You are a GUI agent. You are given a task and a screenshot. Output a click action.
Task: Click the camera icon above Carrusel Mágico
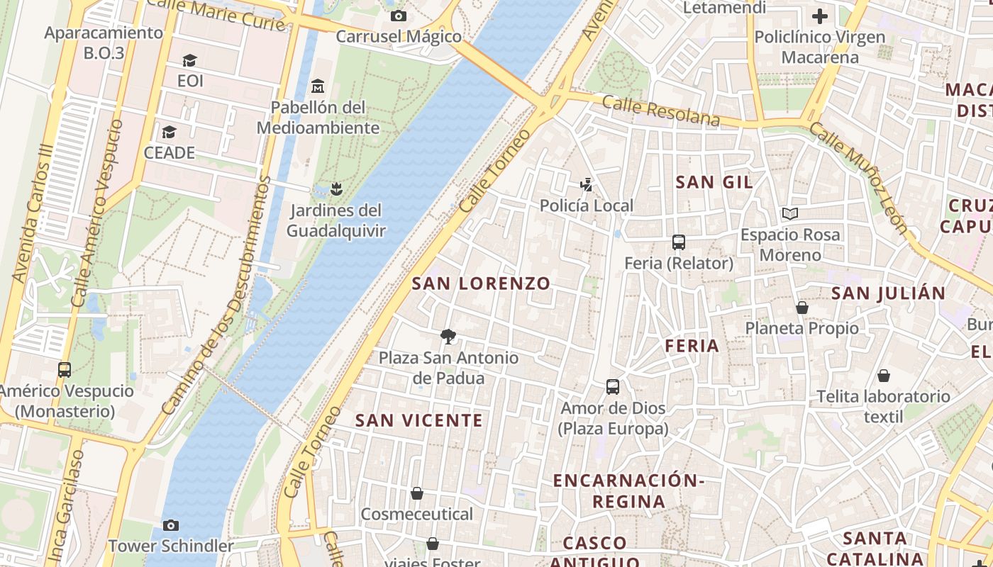pos(399,16)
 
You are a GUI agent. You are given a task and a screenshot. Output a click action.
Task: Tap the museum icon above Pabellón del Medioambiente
pos(318,86)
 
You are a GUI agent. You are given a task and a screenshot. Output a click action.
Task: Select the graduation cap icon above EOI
pos(189,60)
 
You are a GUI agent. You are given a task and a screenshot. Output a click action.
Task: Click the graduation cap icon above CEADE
pos(169,133)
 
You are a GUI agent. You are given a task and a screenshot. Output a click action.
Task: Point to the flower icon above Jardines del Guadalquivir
pos(335,189)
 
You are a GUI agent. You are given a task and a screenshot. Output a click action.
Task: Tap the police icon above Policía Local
pos(586,185)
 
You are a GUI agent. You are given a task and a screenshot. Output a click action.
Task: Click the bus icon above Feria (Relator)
pos(679,242)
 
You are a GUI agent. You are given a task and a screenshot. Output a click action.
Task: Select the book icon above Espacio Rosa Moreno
pos(789,213)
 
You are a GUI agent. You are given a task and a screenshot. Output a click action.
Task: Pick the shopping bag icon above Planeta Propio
pos(801,308)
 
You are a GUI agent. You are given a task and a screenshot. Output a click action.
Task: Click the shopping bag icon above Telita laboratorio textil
pos(884,376)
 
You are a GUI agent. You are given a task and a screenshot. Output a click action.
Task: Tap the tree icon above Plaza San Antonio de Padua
pos(448,336)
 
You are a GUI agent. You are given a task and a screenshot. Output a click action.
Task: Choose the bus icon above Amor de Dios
pos(613,387)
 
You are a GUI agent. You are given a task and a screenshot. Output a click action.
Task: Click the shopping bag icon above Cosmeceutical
pos(417,493)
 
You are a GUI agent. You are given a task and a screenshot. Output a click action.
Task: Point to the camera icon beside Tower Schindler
pos(170,525)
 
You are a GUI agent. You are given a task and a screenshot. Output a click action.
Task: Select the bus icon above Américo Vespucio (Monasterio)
pos(65,370)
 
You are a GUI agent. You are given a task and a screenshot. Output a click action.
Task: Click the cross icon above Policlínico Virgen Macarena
pos(820,16)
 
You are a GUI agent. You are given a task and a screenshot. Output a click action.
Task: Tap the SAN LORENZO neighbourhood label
pos(481,283)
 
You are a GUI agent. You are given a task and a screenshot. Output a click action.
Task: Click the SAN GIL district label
pos(714,182)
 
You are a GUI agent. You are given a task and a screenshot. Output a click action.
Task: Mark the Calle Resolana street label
pos(660,111)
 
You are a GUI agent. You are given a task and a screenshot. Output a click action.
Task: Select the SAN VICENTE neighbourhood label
pos(418,420)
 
